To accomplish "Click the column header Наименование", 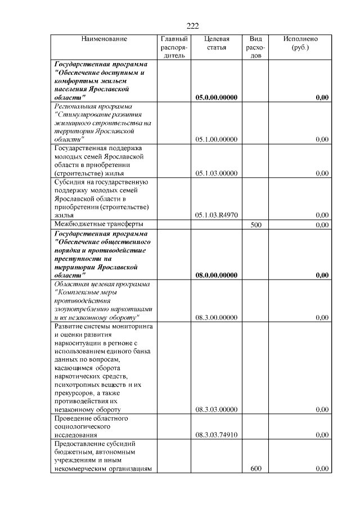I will pos(104,39).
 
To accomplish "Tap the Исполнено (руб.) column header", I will pos(300,43).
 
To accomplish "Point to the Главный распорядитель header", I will pos(174,48).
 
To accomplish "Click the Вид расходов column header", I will pos(255,48).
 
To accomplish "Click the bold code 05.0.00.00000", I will pos(216,98).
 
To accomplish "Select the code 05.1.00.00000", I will pos(216,139).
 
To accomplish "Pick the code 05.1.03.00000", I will pos(216,173).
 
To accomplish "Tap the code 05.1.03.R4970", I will pos(216,215).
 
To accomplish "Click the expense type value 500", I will pos(255,224).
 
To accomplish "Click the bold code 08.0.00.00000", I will pos(216,275).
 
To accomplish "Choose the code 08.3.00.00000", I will pos(216,317).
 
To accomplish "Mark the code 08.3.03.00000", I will pos(216,409).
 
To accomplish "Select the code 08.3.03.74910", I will pos(216,435).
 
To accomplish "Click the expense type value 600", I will pos(255,469).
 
